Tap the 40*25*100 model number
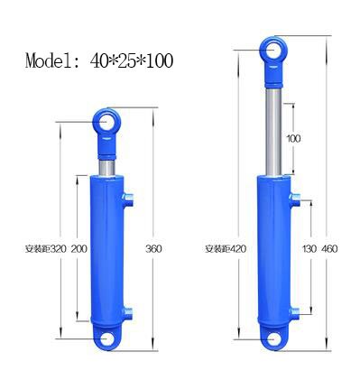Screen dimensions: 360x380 [x=132, y=60]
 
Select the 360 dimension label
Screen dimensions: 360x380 [x=153, y=249]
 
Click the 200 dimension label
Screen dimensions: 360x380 [x=79, y=249]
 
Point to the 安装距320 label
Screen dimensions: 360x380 [x=45, y=249]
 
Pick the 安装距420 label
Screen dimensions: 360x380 [x=226, y=249]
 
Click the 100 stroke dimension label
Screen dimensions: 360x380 [x=293, y=139]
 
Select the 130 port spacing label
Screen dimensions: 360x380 [x=309, y=249]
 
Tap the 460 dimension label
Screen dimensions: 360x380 [x=329, y=249]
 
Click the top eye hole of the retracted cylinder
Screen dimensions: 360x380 [x=106, y=122]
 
